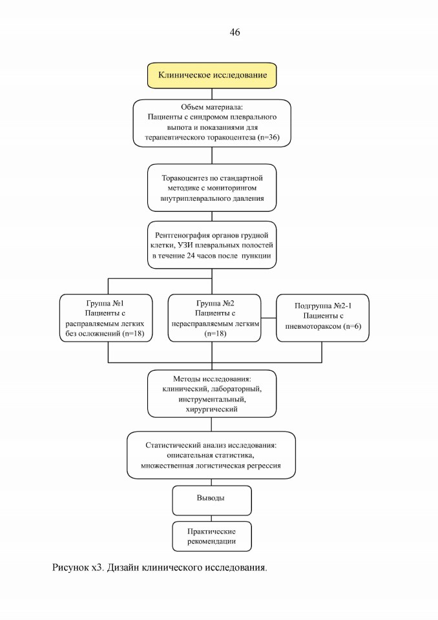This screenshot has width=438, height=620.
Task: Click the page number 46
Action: (x=235, y=32)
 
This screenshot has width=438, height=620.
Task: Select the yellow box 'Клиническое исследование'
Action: (x=212, y=75)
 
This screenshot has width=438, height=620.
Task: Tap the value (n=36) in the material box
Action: (x=269, y=138)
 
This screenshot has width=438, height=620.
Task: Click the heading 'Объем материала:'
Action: (x=212, y=107)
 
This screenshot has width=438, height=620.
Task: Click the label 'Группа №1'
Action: (x=105, y=304)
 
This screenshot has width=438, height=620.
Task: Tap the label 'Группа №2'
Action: (x=215, y=304)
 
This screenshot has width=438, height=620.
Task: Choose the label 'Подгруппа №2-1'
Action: (x=323, y=305)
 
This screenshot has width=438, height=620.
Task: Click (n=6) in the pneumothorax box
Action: (x=352, y=326)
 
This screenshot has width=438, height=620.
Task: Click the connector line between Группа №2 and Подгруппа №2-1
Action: (x=269, y=318)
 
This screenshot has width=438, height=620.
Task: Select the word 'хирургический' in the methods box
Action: (x=212, y=409)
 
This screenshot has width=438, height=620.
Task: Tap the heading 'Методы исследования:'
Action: (x=212, y=379)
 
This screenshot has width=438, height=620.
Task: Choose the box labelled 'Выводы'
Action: (x=212, y=501)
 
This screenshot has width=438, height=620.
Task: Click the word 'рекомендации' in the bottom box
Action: (x=212, y=541)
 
